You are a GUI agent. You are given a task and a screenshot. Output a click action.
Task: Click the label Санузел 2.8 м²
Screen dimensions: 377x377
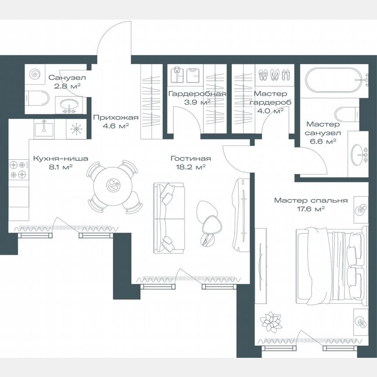point(67,82)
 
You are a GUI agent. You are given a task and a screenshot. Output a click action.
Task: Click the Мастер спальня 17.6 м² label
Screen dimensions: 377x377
point(311,205)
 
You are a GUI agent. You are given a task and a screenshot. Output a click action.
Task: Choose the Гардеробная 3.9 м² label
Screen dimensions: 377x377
point(197,98)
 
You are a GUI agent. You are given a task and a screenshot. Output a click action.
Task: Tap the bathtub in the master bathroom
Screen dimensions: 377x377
point(333,82)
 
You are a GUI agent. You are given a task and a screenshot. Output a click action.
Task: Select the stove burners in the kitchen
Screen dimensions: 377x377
point(18,170)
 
